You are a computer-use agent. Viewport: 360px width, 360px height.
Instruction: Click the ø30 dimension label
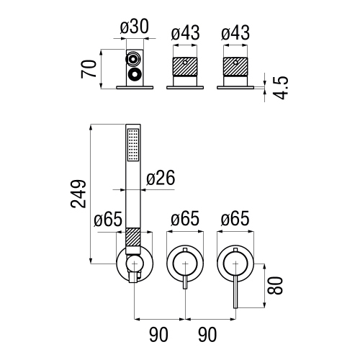[x=135, y=27]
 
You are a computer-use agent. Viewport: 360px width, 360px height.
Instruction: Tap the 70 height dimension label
[x=89, y=69]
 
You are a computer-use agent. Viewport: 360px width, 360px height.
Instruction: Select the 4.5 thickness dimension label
[x=281, y=88]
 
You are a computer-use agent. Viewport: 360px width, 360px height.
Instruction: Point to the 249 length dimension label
[x=78, y=194]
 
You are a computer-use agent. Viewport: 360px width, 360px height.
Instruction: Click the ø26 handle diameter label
[x=161, y=178]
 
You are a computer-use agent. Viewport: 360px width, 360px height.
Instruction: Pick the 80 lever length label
[x=275, y=286]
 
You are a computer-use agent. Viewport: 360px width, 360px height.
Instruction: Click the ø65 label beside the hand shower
[x=108, y=219]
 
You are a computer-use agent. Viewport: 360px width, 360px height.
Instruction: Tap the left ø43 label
[x=185, y=33]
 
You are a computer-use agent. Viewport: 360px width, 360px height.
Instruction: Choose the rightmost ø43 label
[x=235, y=33]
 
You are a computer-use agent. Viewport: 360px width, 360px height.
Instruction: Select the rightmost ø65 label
[x=235, y=219]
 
